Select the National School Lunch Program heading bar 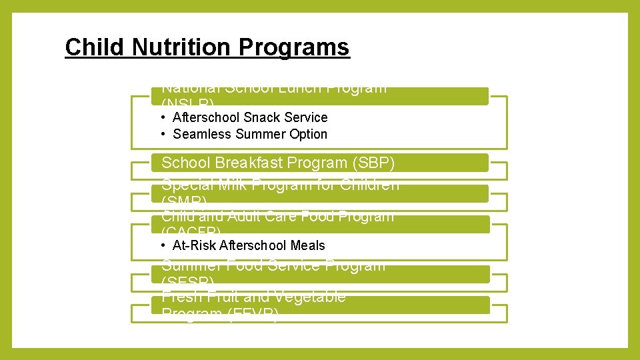point(320,96)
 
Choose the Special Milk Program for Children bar point(320,193)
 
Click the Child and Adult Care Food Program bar point(320,224)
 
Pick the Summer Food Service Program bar point(320,274)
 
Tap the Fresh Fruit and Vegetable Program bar point(320,305)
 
